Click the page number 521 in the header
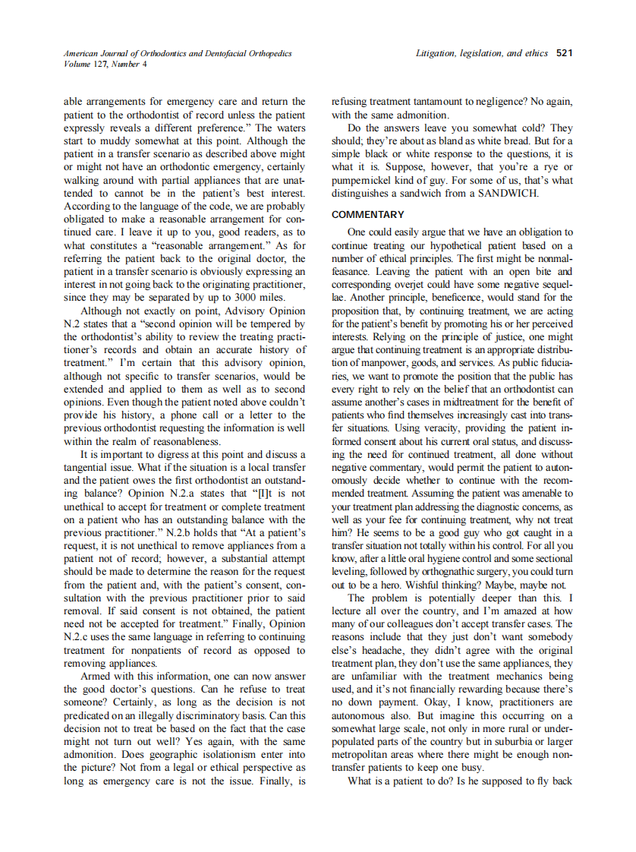point(564,53)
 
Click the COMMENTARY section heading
point(368,215)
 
